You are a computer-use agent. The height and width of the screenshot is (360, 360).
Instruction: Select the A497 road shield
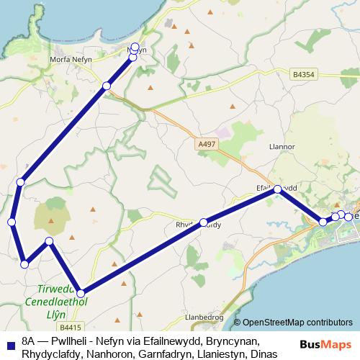(206, 145)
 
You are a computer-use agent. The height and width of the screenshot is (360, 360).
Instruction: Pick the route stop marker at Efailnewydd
(277, 189)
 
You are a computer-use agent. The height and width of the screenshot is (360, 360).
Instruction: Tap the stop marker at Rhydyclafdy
(204, 222)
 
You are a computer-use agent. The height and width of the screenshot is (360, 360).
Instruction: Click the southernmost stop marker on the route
(81, 293)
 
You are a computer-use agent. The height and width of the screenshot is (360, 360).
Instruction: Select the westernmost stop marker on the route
(12, 222)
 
